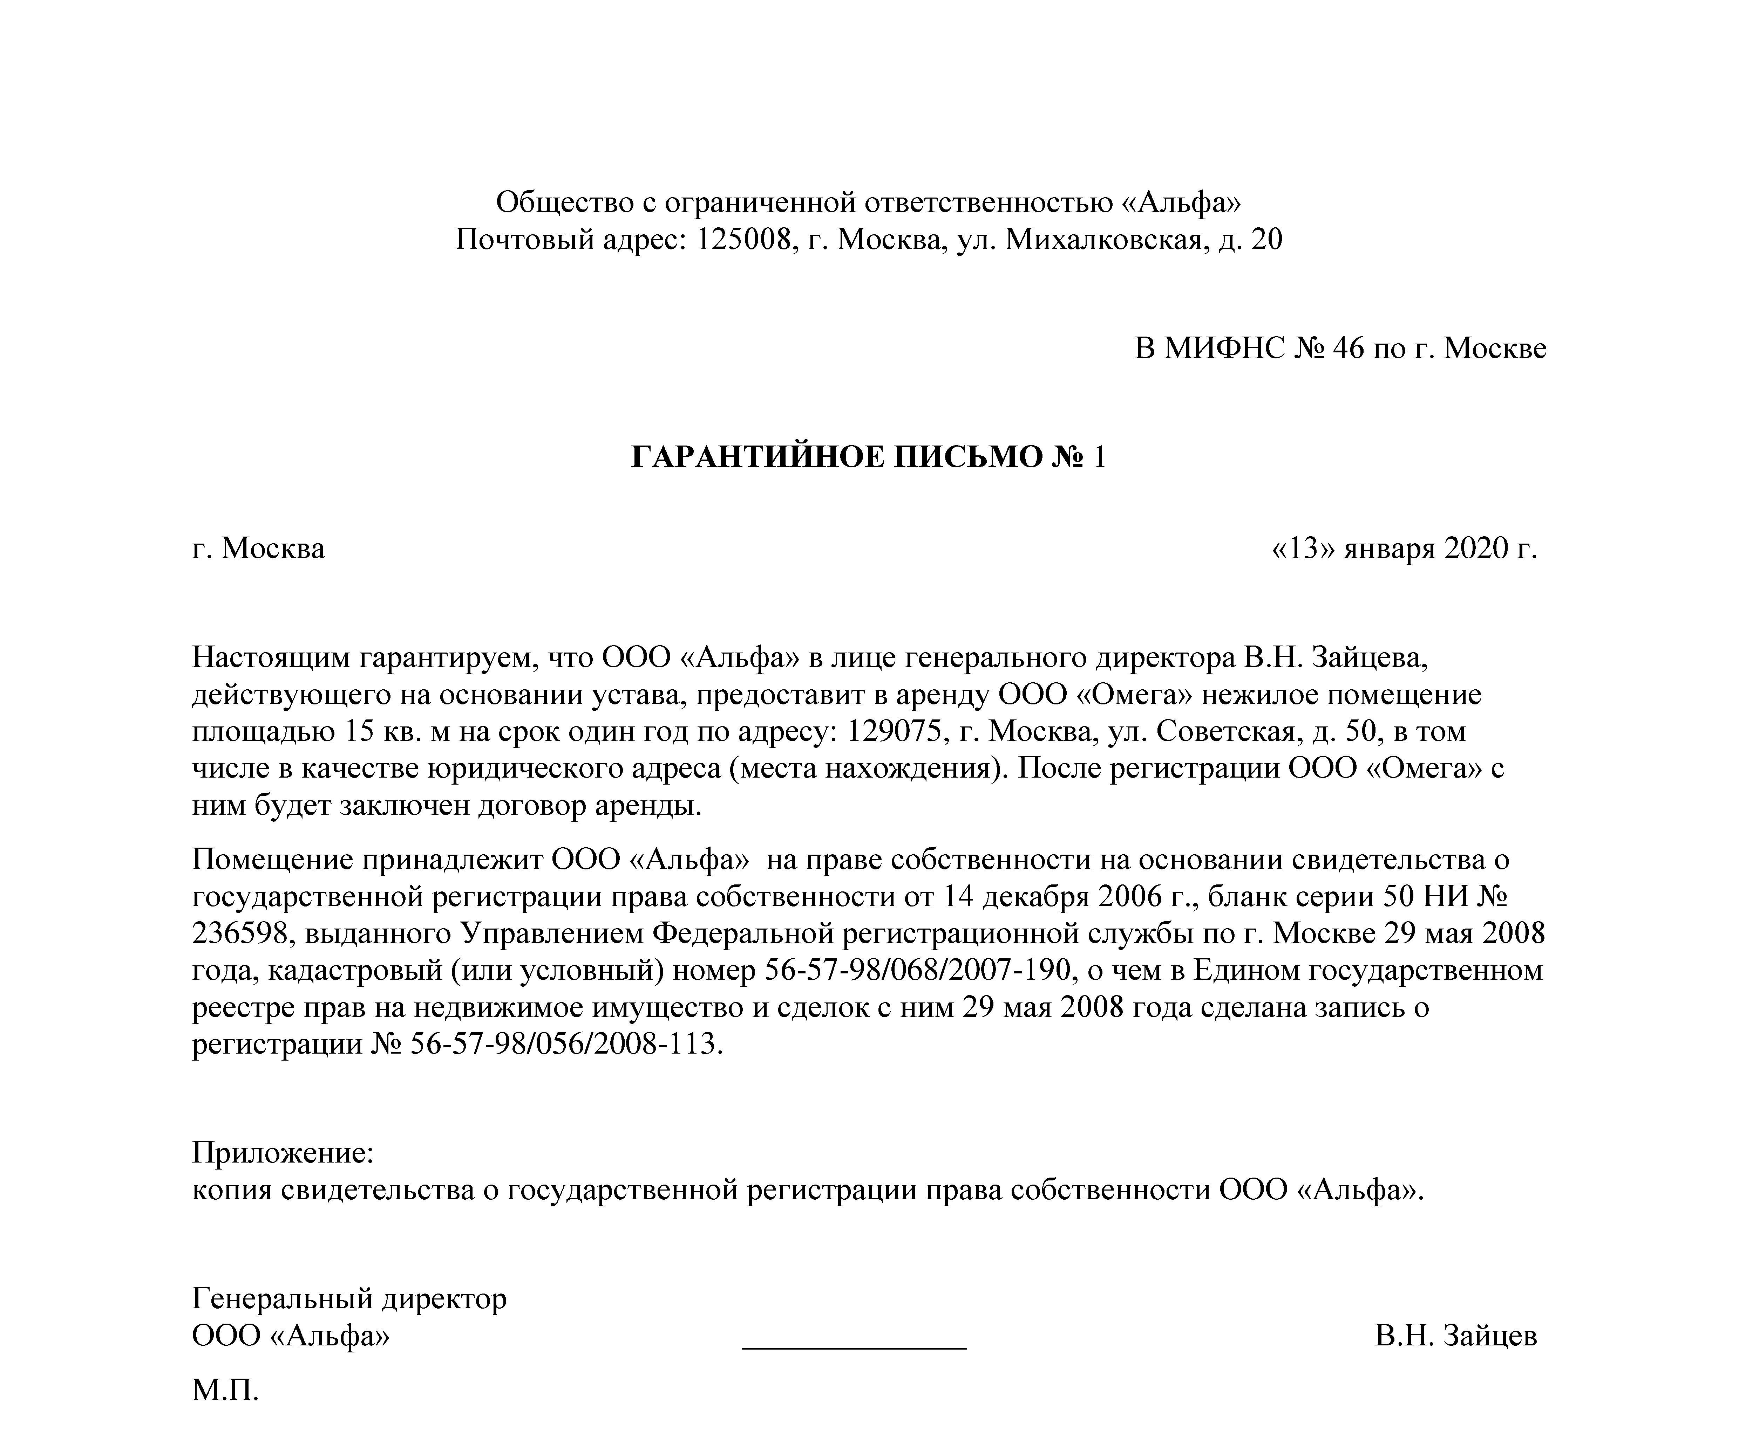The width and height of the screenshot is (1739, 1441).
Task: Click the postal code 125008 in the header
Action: click(x=740, y=240)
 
